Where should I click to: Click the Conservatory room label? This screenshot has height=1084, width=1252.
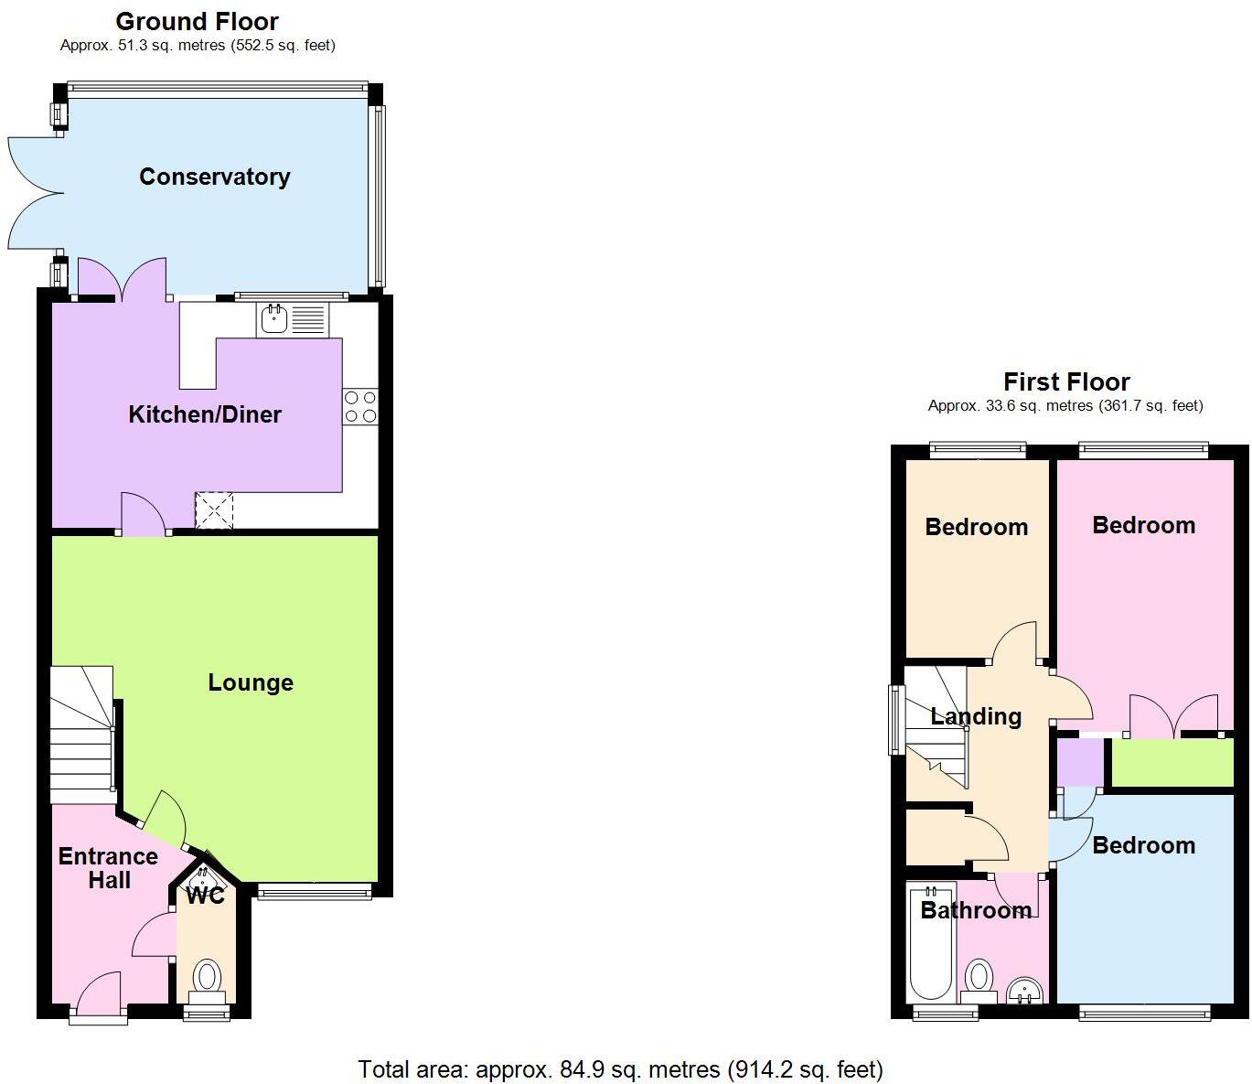214,177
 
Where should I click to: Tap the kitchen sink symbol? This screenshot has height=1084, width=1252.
293,319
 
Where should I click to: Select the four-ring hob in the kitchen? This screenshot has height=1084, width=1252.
360,407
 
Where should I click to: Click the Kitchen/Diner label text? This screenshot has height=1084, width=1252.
205,414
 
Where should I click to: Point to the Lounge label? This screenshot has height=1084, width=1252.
251,682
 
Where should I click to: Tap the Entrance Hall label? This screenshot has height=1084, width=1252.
108,868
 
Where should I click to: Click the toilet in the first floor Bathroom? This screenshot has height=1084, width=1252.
979,979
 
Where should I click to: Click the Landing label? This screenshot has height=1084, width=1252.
976,716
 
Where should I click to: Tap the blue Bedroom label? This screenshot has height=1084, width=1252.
1143,845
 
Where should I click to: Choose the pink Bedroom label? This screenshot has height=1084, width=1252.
1143,525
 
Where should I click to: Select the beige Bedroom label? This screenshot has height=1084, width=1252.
976,527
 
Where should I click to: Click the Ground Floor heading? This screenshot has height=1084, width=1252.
197,21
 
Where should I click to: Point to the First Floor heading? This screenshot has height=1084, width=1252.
1066,381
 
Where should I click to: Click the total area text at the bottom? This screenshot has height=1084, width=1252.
620,1068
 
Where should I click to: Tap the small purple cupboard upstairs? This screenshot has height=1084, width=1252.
1080,762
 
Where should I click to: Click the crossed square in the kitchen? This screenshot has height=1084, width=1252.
214,510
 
